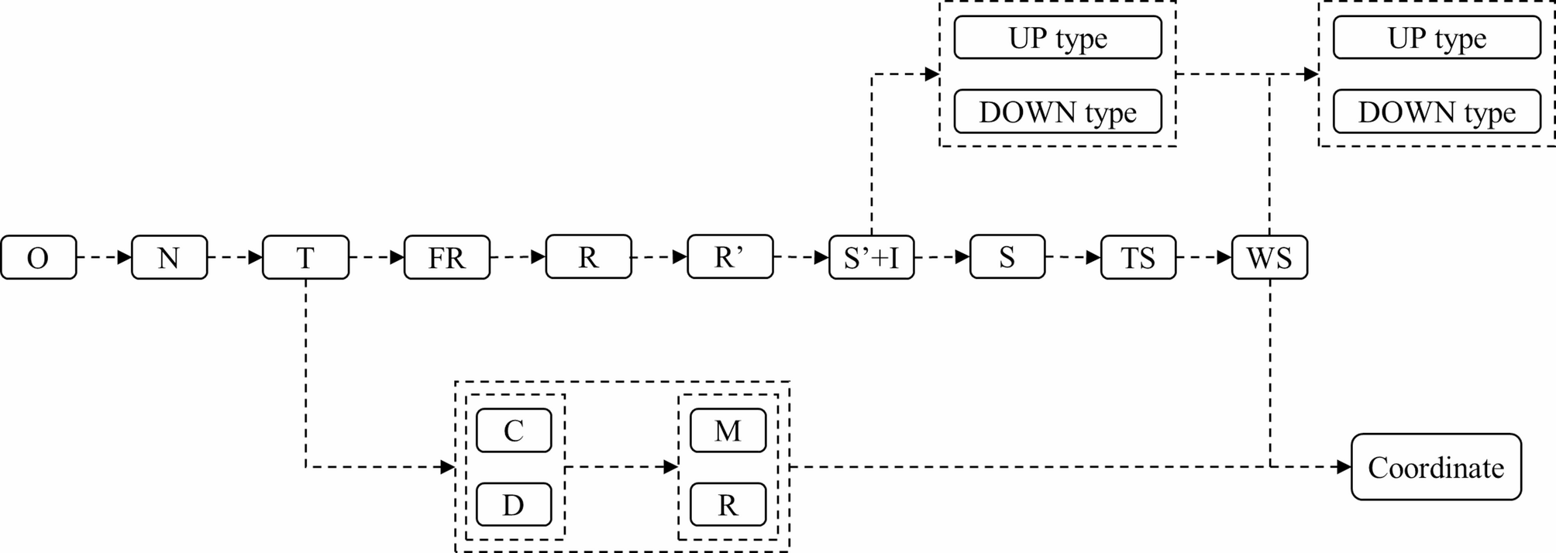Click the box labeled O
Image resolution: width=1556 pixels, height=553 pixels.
click(38, 257)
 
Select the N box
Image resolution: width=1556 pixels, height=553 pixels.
click(169, 257)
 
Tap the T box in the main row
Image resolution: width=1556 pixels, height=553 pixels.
click(305, 257)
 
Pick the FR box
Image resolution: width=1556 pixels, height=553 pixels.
click(446, 257)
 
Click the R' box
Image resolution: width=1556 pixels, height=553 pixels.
click(729, 257)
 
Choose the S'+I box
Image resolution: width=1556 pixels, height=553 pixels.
click(871, 257)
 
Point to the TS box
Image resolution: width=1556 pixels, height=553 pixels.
click(1138, 257)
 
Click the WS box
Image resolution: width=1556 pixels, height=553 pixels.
click(1269, 257)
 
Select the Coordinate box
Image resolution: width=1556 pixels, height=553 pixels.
click(1436, 467)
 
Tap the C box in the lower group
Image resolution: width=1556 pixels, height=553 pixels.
click(513, 431)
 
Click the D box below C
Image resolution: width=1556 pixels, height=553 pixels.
click(513, 505)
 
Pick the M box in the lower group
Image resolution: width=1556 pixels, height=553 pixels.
click(728, 431)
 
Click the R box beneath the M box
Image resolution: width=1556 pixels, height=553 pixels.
click(728, 505)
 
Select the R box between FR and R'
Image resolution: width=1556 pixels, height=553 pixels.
click(588, 257)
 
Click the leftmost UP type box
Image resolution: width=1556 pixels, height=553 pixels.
click(1057, 37)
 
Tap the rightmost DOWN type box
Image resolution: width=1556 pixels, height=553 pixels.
click(1436, 112)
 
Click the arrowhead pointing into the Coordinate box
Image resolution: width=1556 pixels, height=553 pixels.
click(1344, 467)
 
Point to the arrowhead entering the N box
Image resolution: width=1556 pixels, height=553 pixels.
click(124, 257)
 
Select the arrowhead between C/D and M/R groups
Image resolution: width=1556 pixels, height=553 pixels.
click(671, 467)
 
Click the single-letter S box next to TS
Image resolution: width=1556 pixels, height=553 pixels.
click(1007, 257)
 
